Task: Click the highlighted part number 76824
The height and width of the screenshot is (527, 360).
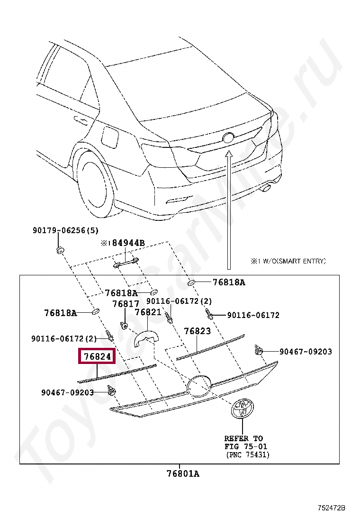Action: click(97, 356)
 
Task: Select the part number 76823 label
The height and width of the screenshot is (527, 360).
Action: click(197, 331)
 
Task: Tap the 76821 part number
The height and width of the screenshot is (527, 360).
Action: click(148, 312)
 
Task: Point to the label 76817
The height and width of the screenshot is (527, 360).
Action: click(126, 304)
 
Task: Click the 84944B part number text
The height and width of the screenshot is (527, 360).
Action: click(128, 243)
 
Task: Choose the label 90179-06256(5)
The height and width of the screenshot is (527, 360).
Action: click(65, 231)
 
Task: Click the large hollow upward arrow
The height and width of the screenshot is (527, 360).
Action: click(229, 209)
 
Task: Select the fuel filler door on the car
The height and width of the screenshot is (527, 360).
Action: click(110, 137)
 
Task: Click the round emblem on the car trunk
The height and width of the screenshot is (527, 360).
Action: click(228, 137)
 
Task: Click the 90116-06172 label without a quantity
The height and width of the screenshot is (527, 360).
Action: click(253, 315)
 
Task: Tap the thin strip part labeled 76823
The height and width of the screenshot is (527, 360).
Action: click(210, 346)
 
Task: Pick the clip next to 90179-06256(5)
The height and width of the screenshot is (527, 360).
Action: click(60, 249)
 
